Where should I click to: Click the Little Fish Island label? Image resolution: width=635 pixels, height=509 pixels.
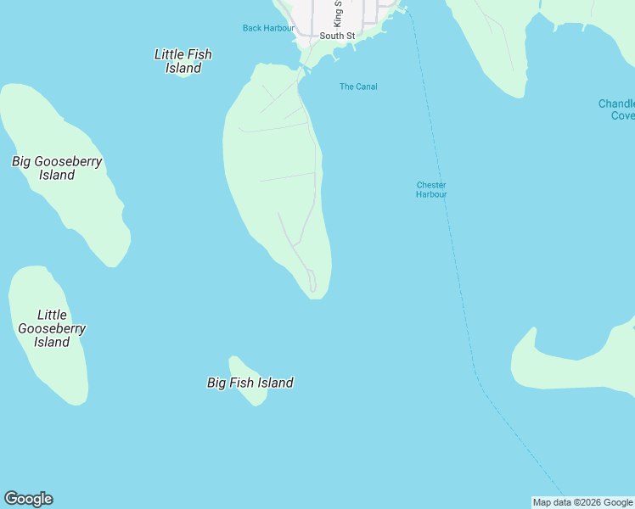[x=183, y=61]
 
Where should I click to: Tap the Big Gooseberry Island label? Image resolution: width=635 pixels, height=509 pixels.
[x=57, y=168]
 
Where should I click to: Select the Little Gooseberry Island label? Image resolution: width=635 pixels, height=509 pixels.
[x=52, y=328]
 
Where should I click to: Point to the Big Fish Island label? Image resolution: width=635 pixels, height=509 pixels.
[x=250, y=383]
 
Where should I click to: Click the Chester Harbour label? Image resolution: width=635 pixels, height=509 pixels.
[x=431, y=190]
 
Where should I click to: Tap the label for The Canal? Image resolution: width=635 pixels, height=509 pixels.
[x=358, y=87]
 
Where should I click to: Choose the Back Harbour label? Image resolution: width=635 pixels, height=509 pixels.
[x=268, y=28]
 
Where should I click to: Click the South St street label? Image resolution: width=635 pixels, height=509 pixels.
[x=338, y=36]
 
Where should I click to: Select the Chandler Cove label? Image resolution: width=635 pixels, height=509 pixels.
[x=616, y=109]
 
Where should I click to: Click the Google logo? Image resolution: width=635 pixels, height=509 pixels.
[x=28, y=499]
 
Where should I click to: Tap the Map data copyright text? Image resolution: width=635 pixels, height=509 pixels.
[x=583, y=502]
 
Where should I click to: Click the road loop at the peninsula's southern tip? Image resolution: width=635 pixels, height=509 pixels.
[x=312, y=282]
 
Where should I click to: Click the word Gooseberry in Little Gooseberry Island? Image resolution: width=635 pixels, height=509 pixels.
[x=52, y=328]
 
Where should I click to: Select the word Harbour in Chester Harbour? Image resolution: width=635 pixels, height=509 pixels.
[x=431, y=195]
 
